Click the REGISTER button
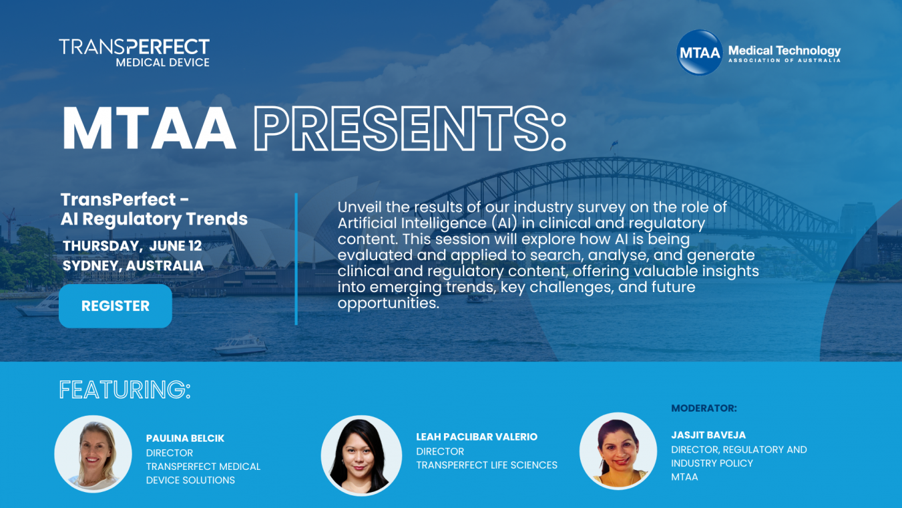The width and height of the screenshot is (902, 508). point(116,306)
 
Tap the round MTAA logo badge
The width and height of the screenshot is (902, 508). point(700,52)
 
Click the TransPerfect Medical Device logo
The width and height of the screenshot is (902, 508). point(134,52)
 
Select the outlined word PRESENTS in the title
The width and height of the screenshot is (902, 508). point(410,128)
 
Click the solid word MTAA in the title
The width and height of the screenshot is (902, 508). point(149,128)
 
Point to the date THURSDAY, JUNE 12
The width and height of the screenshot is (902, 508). point(132,246)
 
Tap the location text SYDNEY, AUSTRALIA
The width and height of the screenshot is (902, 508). point(133,265)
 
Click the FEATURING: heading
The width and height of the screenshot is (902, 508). point(125,390)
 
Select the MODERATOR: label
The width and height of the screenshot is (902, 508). point(704,408)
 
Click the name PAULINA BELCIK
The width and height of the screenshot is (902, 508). point(185,438)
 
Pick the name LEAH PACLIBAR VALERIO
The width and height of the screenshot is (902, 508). point(477,436)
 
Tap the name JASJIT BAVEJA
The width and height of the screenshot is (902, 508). point(708,435)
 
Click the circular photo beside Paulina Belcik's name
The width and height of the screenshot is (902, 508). point(93,454)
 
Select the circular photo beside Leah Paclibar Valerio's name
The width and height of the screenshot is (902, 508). point(361,456)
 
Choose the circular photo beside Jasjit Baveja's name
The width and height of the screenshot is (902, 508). point(618,451)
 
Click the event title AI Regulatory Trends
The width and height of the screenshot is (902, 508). point(154,219)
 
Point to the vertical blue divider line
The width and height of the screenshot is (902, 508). point(296,259)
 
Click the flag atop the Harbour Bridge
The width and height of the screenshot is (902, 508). point(614,144)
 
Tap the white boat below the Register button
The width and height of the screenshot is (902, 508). point(240,345)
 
